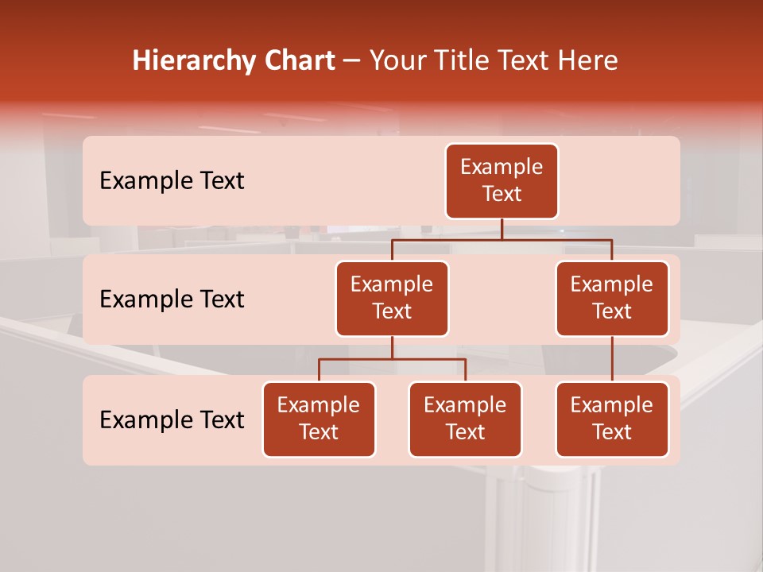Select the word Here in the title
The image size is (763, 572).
tap(587, 61)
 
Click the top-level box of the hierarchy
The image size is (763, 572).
tap(502, 181)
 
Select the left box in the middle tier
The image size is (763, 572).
tap(392, 299)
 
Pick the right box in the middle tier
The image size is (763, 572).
tap(612, 299)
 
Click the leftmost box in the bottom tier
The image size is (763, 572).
tap(319, 419)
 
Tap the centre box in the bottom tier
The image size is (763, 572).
tap(465, 419)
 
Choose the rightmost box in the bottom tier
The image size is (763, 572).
tap(612, 419)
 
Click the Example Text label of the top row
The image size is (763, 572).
tap(172, 181)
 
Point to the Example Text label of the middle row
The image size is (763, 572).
tap(172, 300)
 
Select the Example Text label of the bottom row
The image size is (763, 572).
tap(172, 419)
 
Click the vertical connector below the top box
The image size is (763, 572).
tap(502, 230)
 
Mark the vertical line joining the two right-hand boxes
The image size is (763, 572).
tap(612, 359)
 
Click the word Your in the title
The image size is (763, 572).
tap(395, 61)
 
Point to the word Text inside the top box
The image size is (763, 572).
tap(502, 195)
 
